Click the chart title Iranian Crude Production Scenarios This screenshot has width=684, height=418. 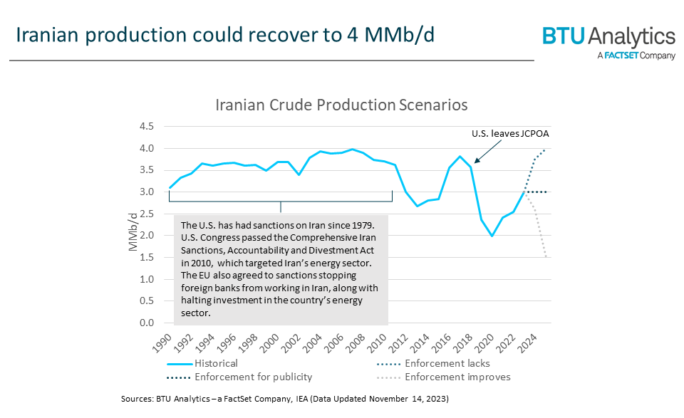point(341,105)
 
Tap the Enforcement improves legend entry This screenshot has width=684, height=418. point(457,377)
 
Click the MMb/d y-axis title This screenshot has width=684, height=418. point(133,231)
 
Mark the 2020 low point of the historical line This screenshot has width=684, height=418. point(492,236)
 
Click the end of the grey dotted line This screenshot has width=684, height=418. point(546,257)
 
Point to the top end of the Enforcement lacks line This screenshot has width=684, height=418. point(546,150)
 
